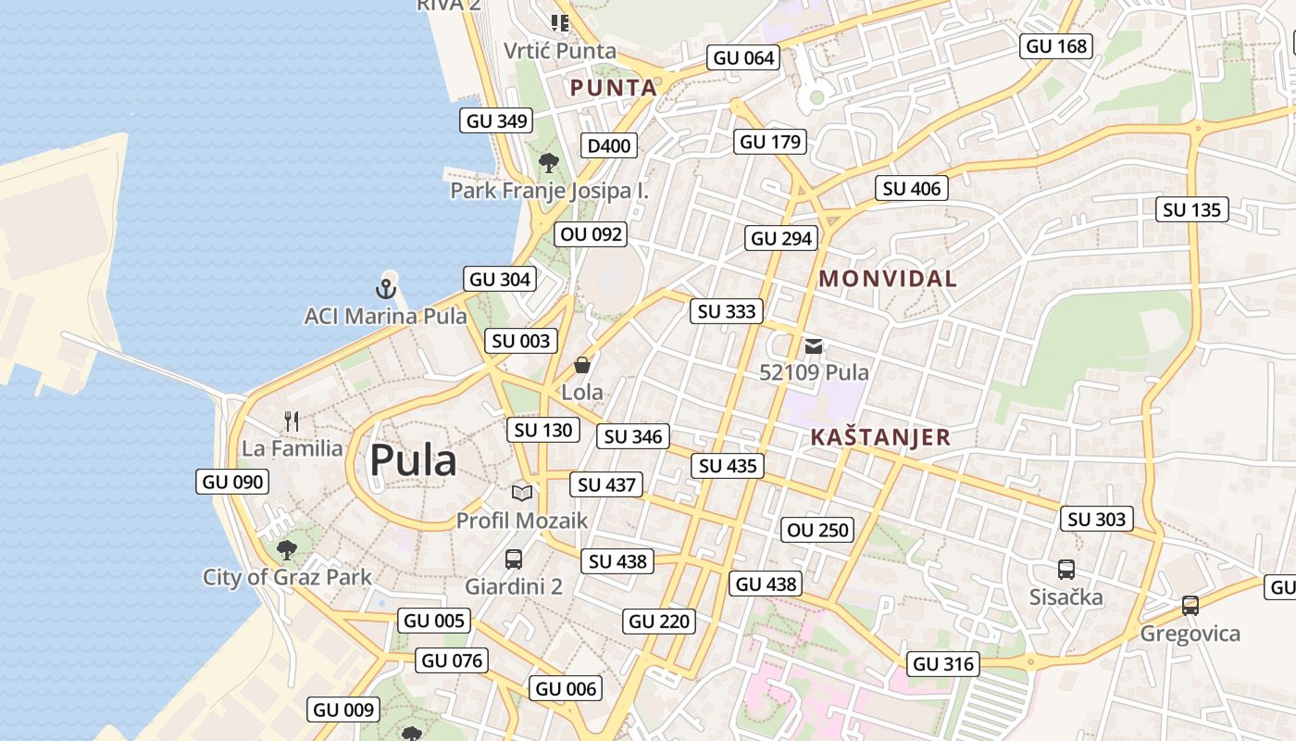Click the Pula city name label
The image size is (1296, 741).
[413, 460]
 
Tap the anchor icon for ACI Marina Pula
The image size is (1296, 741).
[386, 288]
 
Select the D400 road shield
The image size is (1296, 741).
[609, 145]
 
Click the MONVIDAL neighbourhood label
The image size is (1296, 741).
[888, 278]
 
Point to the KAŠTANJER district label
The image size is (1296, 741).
[880, 437]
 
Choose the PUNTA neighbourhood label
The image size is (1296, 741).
[613, 88]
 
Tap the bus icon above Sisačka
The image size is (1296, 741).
[1066, 570]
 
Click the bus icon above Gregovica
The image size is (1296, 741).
[1190, 606]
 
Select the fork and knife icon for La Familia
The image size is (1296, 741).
[292, 421]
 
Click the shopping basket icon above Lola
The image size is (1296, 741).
[582, 365]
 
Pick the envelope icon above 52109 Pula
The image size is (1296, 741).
[814, 346]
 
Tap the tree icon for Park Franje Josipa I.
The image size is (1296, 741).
[549, 163]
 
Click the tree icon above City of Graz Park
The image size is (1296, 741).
[287, 549]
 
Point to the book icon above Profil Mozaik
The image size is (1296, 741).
[522, 493]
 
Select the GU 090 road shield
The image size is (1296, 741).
[233, 482]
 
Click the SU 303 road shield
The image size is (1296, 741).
[1097, 520]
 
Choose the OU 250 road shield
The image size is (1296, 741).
[817, 531]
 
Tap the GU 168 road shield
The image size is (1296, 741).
[1057, 46]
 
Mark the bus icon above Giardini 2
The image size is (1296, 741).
[514, 559]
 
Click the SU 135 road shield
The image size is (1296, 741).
[1192, 210]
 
